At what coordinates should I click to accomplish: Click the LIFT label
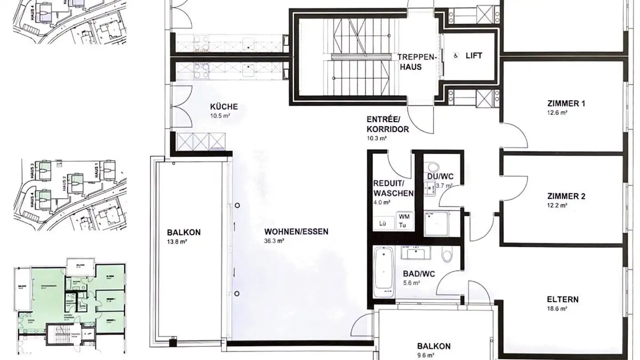coord(474,56)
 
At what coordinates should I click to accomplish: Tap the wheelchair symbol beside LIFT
coord(455,56)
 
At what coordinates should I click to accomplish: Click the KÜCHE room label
coord(224,107)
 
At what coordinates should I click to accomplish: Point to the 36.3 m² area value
coord(274,241)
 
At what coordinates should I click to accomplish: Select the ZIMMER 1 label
coord(566,104)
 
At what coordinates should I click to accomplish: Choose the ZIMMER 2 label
coord(566,196)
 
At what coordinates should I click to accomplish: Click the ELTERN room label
coord(563,299)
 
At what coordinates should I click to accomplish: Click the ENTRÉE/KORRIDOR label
coord(388,124)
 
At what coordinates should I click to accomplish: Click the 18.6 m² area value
coord(557,308)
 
